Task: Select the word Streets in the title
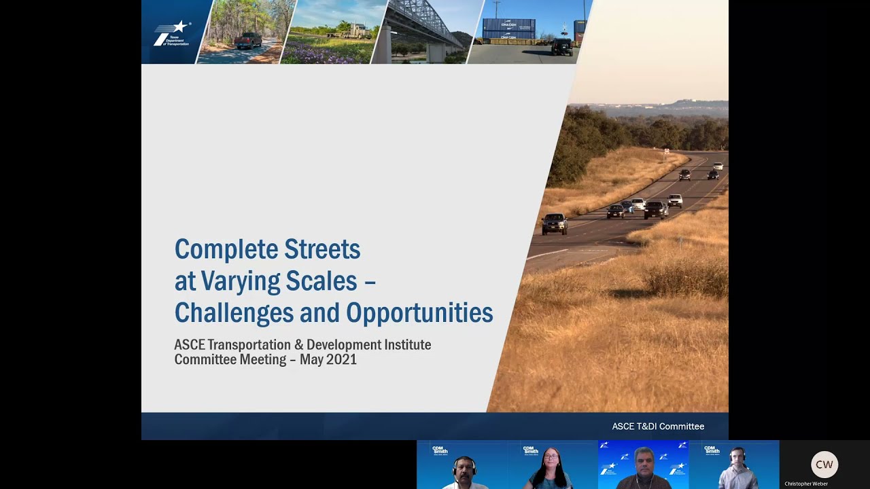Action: tap(322, 250)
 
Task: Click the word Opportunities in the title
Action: tap(419, 313)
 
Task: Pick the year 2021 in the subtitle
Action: tap(342, 360)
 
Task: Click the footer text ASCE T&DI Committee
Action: tap(658, 427)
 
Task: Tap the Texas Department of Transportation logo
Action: tap(171, 33)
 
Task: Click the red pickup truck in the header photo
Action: tap(248, 41)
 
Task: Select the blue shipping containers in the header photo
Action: tap(508, 29)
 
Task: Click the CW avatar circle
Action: tap(824, 465)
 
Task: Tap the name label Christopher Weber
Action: tap(806, 484)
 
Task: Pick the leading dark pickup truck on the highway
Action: tap(555, 223)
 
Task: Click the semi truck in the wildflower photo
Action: tap(356, 31)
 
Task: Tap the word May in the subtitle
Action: tap(311, 360)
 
